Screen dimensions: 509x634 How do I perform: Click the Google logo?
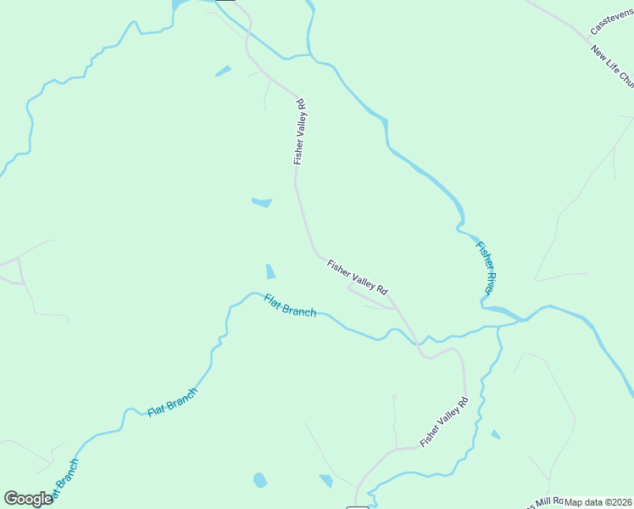pyautogui.click(x=28, y=499)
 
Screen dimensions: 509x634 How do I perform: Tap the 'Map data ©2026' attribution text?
pyautogui.click(x=598, y=502)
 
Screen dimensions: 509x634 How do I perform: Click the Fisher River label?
pyautogui.click(x=485, y=268)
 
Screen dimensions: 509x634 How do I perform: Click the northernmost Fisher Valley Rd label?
pyautogui.click(x=299, y=131)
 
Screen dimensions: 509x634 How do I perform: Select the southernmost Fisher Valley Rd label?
pyautogui.click(x=443, y=422)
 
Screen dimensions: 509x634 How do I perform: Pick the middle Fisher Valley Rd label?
pyautogui.click(x=357, y=277)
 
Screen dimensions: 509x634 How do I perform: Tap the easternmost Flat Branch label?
pyautogui.click(x=290, y=305)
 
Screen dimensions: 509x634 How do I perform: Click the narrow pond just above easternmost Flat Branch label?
pyautogui.click(x=270, y=271)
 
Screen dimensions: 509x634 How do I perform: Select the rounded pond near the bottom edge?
pyautogui.click(x=259, y=480)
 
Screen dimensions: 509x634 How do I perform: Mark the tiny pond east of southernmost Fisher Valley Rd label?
pyautogui.click(x=495, y=434)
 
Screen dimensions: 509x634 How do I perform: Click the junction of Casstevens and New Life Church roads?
pyautogui.click(x=590, y=37)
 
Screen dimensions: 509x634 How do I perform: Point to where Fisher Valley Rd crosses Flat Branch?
pyautogui.click(x=417, y=342)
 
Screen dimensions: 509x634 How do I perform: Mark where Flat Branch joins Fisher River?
pyautogui.click(x=519, y=321)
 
